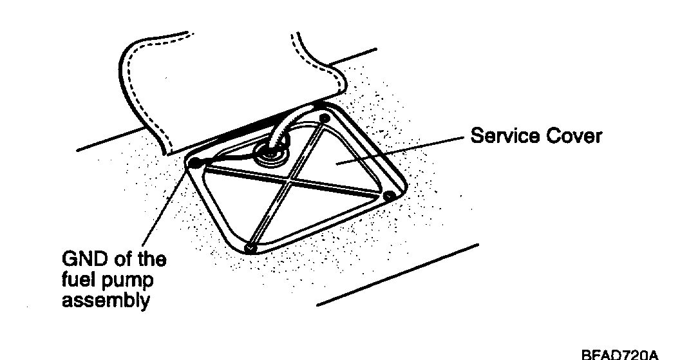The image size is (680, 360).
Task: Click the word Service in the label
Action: pos(502,137)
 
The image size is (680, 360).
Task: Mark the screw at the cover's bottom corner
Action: pos(251,247)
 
